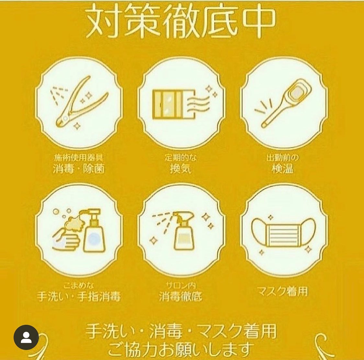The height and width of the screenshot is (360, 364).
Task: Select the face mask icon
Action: pyautogui.click(x=283, y=233)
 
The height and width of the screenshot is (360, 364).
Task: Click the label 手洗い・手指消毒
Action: pyautogui.click(x=79, y=296)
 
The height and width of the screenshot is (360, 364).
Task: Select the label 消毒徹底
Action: pyautogui.click(x=181, y=296)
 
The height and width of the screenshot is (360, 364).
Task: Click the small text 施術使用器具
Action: pyautogui.click(x=79, y=158)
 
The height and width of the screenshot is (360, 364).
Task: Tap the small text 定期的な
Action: pyautogui.click(x=181, y=158)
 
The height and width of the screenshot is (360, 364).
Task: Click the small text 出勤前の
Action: pyautogui.click(x=282, y=158)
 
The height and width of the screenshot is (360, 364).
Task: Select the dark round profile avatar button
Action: pyautogui.click(x=26, y=337)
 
